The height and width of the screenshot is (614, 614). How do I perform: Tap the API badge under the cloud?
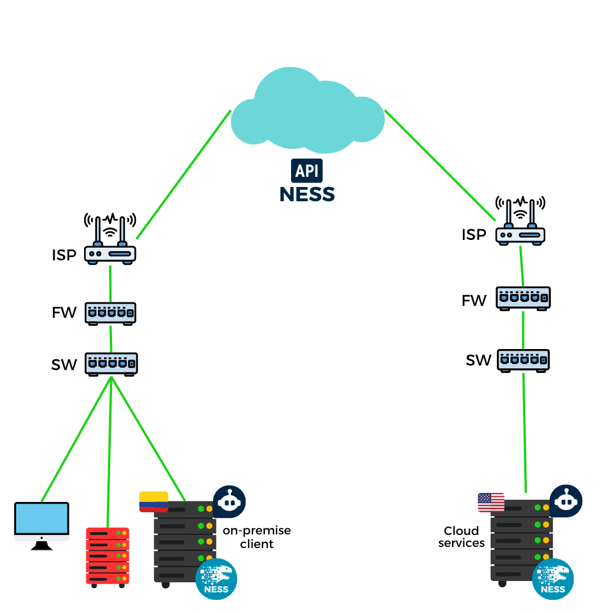click(x=307, y=171)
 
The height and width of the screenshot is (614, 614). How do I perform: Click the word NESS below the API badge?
click(x=307, y=194)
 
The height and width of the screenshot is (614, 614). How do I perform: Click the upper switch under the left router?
click(x=110, y=313)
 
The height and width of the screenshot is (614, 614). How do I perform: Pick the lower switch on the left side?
click(x=111, y=363)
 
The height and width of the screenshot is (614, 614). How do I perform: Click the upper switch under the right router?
click(x=523, y=297)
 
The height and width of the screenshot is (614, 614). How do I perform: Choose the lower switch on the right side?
click(x=523, y=360)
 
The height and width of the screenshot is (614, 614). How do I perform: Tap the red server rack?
click(x=107, y=556)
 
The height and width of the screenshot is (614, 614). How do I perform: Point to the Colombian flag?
click(x=153, y=502)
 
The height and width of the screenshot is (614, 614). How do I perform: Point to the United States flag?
click(x=491, y=503)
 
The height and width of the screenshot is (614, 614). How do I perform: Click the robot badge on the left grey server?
click(x=229, y=502)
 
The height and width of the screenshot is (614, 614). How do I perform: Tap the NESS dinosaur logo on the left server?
click(x=216, y=579)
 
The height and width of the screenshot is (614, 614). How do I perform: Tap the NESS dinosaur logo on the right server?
click(x=553, y=579)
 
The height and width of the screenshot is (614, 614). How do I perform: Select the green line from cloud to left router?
click(x=184, y=175)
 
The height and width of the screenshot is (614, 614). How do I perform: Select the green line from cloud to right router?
click(x=440, y=165)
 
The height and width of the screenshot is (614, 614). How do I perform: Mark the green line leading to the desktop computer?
click(x=76, y=438)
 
